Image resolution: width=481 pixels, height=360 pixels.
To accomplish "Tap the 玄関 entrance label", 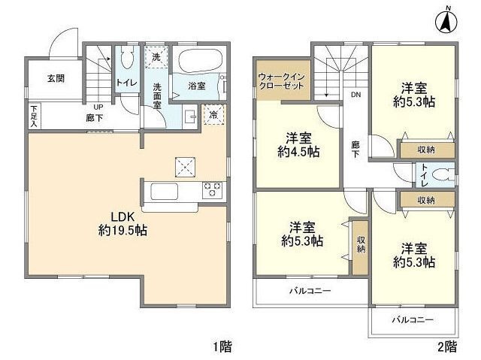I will [55, 78].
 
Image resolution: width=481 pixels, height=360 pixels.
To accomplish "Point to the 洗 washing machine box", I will [156, 56].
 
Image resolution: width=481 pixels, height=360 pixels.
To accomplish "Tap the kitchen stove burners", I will [212, 190].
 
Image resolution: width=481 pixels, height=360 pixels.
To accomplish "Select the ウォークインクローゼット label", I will [281, 81].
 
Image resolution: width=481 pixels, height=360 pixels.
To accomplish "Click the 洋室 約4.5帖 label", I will [298, 144].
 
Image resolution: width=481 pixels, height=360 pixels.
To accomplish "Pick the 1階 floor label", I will [222, 346].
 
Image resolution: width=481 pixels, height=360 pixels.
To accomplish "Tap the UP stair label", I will [98, 107].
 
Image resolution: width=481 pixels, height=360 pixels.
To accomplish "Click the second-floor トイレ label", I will [425, 175].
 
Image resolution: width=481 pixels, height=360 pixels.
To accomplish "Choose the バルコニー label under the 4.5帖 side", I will [310, 289].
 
